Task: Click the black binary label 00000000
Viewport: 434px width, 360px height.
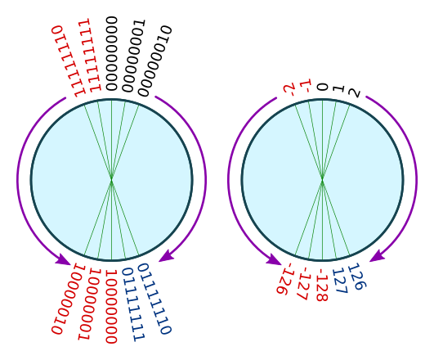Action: click(112, 53)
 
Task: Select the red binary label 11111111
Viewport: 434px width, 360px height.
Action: click(90, 55)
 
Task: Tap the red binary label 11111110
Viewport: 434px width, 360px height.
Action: click(69, 61)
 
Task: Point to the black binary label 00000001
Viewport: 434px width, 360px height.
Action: click(134, 56)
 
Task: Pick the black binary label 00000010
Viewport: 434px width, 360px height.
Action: click(155, 61)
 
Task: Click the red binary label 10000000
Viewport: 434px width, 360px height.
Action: click(111, 307)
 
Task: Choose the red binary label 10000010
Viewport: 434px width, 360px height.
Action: click(68, 299)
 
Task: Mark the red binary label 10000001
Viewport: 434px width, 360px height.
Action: click(89, 304)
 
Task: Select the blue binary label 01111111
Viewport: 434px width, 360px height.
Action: click(134, 304)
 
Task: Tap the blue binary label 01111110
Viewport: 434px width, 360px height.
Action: click(155, 299)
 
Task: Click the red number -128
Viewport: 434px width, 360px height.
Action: click(322, 285)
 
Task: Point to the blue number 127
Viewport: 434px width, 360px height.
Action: click(340, 281)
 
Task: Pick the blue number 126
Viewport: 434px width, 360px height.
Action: click(357, 277)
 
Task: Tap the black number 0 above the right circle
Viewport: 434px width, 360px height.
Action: click(323, 88)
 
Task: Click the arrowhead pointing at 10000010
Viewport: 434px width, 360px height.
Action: click(64, 259)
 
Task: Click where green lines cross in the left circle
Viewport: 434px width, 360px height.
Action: click(111, 180)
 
